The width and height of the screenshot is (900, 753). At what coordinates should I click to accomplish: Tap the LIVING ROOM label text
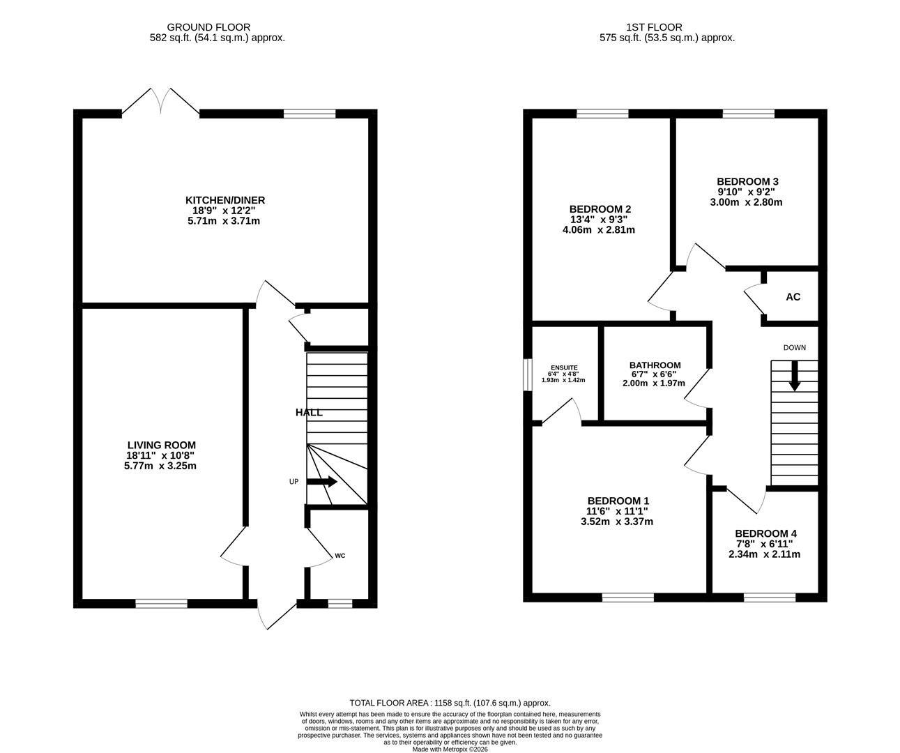pyautogui.click(x=161, y=445)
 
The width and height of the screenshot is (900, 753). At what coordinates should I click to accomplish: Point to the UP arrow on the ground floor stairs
pyautogui.click(x=322, y=482)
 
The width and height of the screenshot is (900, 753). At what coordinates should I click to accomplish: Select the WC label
pyautogui.click(x=340, y=556)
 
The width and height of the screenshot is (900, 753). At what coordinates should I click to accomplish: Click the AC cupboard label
pyautogui.click(x=793, y=297)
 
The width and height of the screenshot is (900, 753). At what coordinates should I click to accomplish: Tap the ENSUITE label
pyautogui.click(x=564, y=367)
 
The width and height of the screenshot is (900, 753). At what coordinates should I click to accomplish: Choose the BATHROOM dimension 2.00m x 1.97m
pyautogui.click(x=654, y=383)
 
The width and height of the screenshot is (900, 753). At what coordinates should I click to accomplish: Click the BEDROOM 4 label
pyautogui.click(x=765, y=533)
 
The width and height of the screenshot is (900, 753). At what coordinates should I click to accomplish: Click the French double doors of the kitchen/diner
pyautogui.click(x=161, y=103)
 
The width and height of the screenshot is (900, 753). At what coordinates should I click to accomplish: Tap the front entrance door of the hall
pyautogui.click(x=277, y=614)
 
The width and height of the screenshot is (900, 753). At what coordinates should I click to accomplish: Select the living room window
pyautogui.click(x=161, y=604)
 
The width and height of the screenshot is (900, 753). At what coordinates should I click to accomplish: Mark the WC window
pyautogui.click(x=340, y=604)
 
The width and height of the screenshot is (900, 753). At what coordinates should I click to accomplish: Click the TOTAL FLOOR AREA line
pyautogui.click(x=450, y=703)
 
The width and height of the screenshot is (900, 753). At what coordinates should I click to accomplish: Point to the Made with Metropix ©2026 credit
pyautogui.click(x=450, y=750)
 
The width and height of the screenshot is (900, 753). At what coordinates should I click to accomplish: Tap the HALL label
pyautogui.click(x=309, y=413)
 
